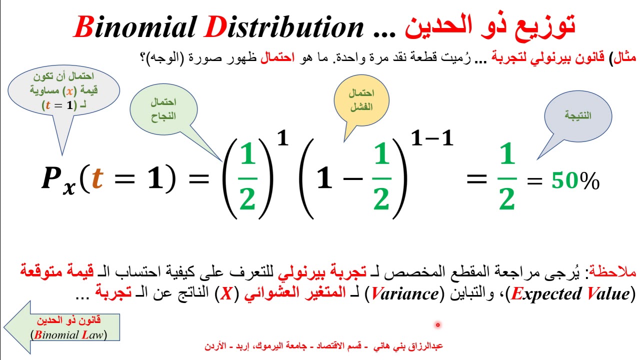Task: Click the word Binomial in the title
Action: (134, 27)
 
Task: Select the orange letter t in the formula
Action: (97, 178)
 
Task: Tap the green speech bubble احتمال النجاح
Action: (163, 108)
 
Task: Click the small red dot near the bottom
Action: (437, 325)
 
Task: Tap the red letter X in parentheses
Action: (227, 294)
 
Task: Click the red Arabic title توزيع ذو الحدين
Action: (490, 26)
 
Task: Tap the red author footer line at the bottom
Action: (323, 346)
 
